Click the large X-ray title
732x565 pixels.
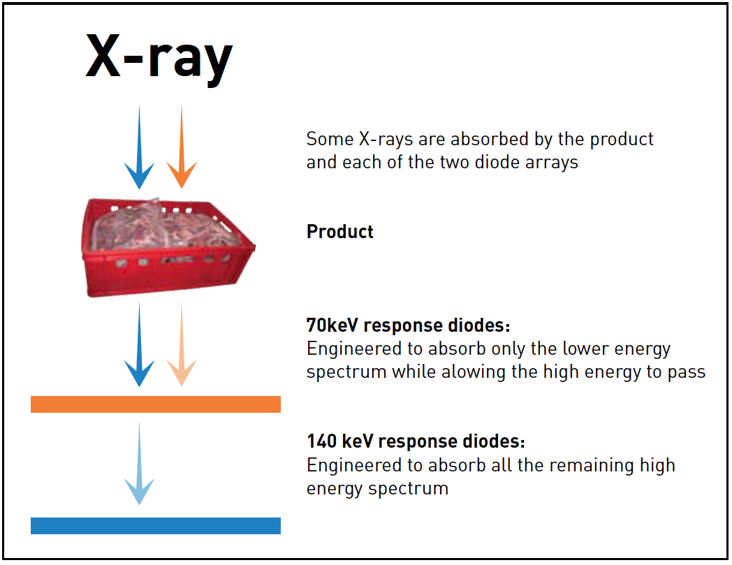[x=159, y=57]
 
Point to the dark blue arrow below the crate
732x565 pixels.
[x=140, y=346]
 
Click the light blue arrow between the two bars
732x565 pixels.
[x=140, y=464]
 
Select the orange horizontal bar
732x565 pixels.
[x=155, y=404]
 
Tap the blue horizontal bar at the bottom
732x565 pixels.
[x=155, y=526]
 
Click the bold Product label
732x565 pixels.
[x=339, y=232]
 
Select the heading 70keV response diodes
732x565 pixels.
[x=408, y=325]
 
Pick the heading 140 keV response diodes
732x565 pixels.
[x=415, y=442]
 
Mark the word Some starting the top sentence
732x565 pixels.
[x=329, y=139]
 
